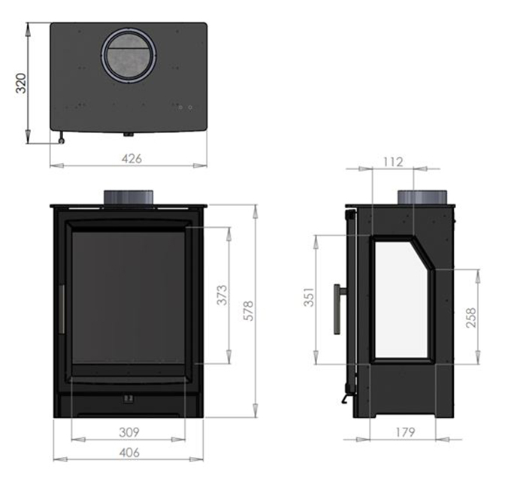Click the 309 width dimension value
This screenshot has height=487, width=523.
pos(130,433)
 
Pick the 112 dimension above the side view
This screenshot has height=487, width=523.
pos(393,161)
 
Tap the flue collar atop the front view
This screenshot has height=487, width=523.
pos(129,195)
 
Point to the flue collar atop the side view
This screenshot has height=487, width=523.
pos(426,195)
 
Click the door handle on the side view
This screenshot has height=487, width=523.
pos(337,308)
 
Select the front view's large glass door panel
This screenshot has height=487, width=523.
pos(128,297)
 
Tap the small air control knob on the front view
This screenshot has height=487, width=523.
pos(128,399)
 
